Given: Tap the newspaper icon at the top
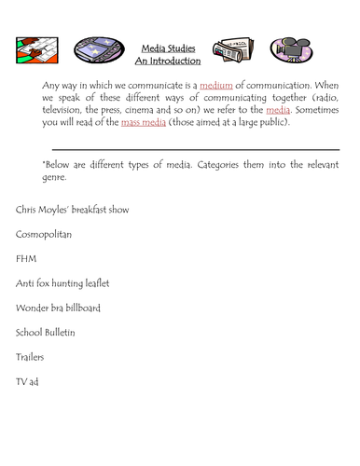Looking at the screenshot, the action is (x=229, y=50).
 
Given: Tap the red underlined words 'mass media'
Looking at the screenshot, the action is (x=128, y=122).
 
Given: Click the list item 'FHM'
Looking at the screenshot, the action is (x=25, y=258).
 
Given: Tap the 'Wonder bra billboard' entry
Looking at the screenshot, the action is (x=58, y=307).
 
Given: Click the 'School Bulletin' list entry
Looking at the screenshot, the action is (x=46, y=331).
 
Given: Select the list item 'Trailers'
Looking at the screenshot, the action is (x=30, y=356).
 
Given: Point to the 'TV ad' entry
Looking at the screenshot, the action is (x=27, y=380).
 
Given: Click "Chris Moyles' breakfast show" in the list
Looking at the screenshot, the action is (x=72, y=210).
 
